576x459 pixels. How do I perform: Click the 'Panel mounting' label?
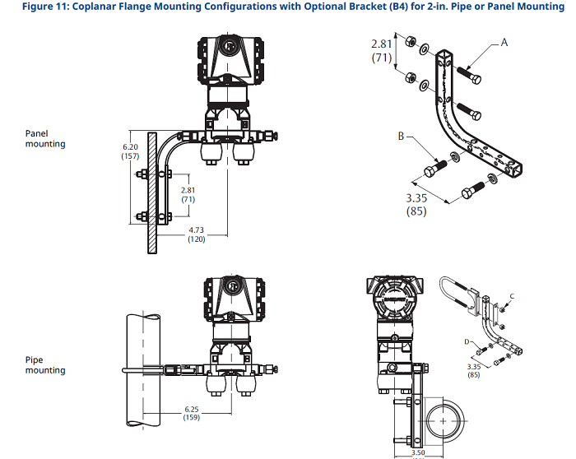(45, 137)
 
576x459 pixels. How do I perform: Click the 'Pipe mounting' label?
(45, 364)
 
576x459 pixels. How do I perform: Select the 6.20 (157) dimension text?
(130, 151)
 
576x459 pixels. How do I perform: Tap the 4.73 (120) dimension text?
(196, 234)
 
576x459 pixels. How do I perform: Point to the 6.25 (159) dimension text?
(191, 412)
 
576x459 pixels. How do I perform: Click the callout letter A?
(504, 40)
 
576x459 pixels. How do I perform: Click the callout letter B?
(402, 137)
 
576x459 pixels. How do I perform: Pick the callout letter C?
(513, 294)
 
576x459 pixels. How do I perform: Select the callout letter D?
(467, 339)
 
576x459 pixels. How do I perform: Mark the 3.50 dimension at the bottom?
(419, 452)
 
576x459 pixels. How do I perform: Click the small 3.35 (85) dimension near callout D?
(473, 370)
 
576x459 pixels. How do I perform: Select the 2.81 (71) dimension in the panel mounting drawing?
(188, 195)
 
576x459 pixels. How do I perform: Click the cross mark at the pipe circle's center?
(445, 420)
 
